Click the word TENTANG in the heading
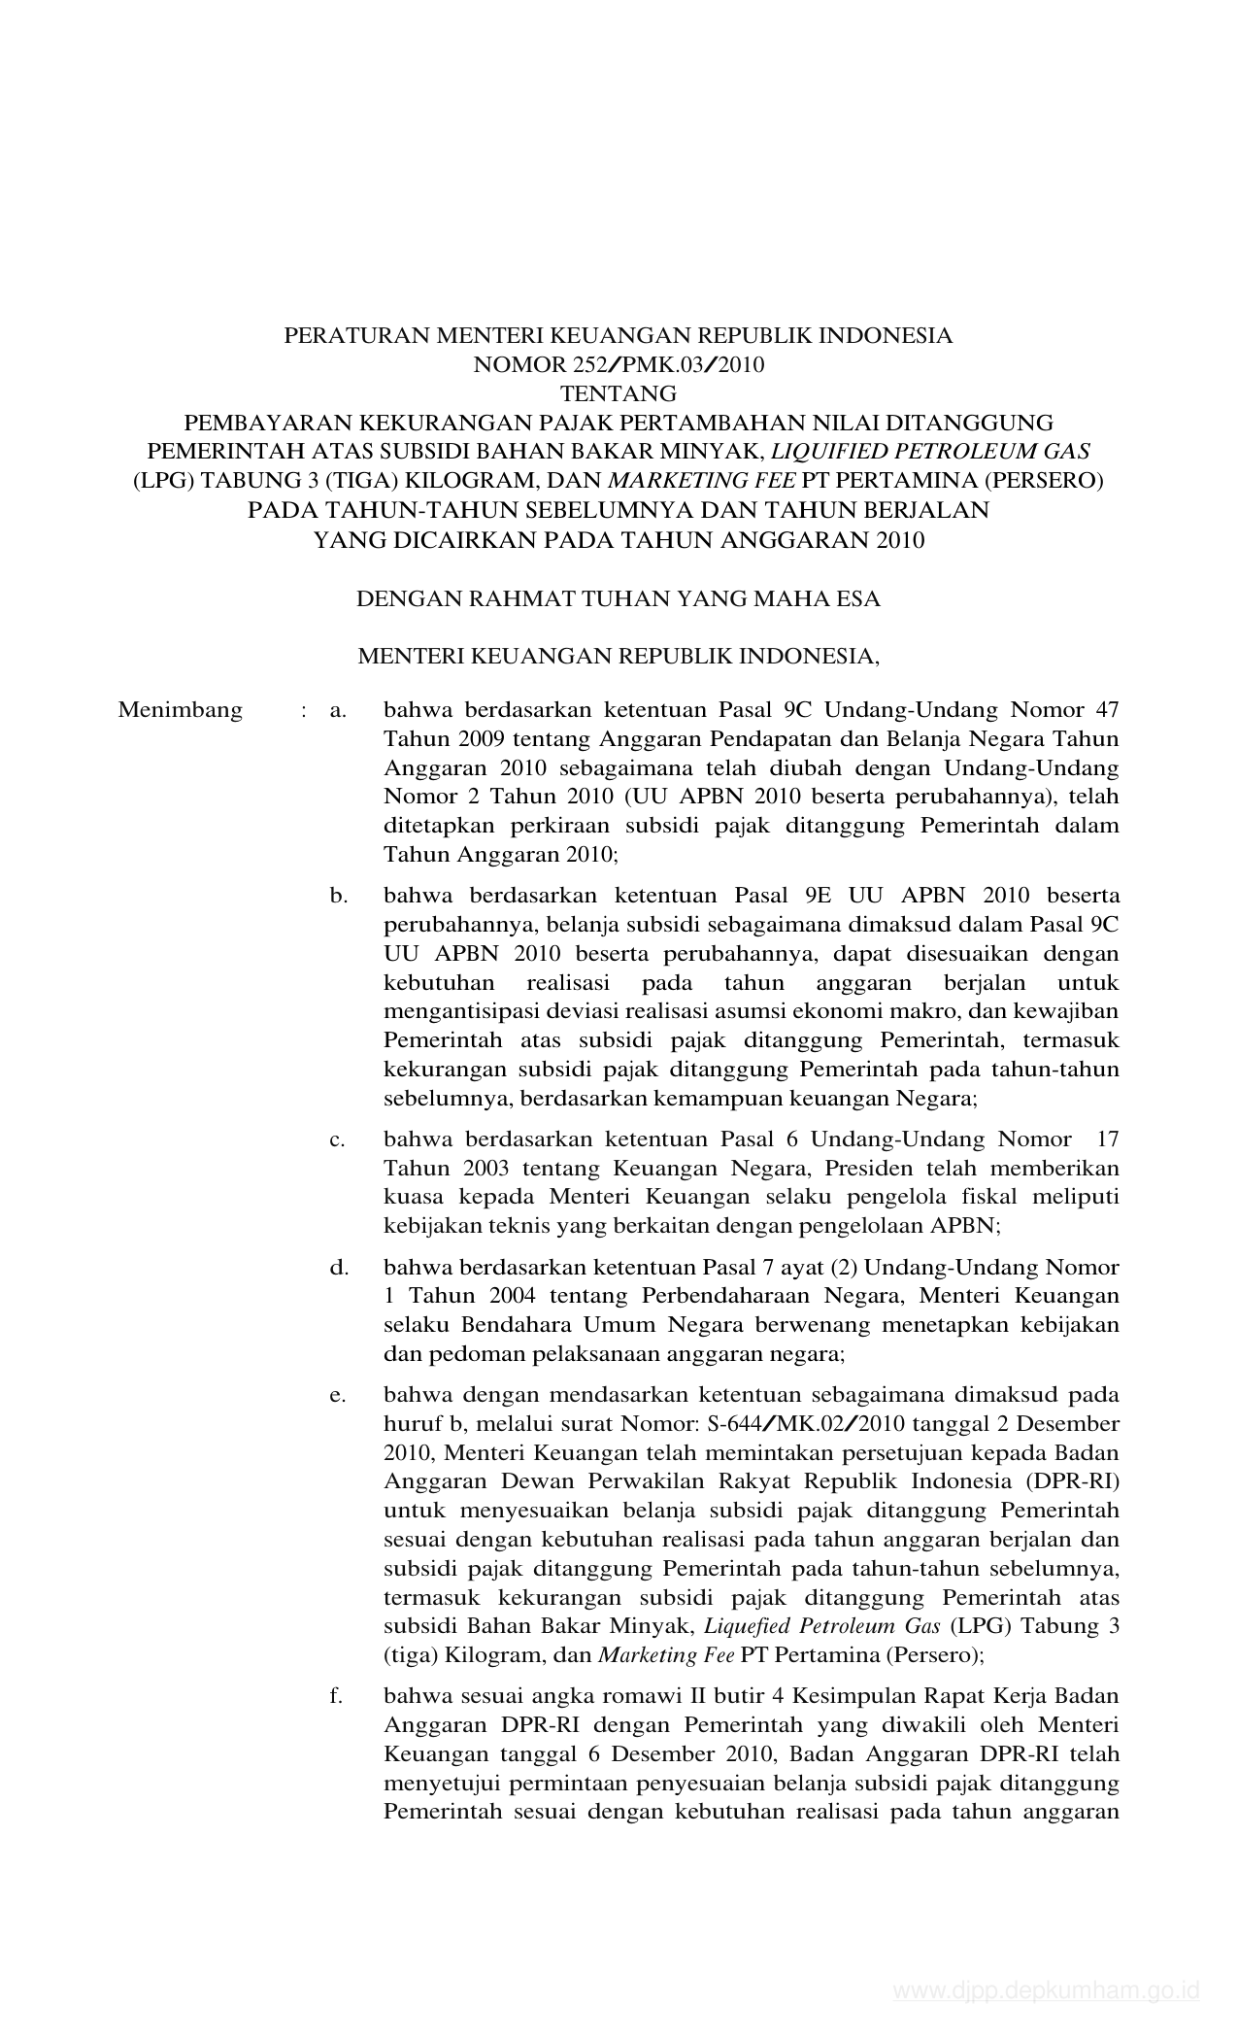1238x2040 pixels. pos(619,394)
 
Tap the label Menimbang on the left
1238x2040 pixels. pos(180,710)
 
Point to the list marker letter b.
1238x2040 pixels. pos(338,896)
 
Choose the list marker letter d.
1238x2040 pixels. pos(338,1268)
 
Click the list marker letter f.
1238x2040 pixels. pos(336,1696)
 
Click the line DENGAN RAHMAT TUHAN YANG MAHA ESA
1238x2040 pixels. pos(619,599)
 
